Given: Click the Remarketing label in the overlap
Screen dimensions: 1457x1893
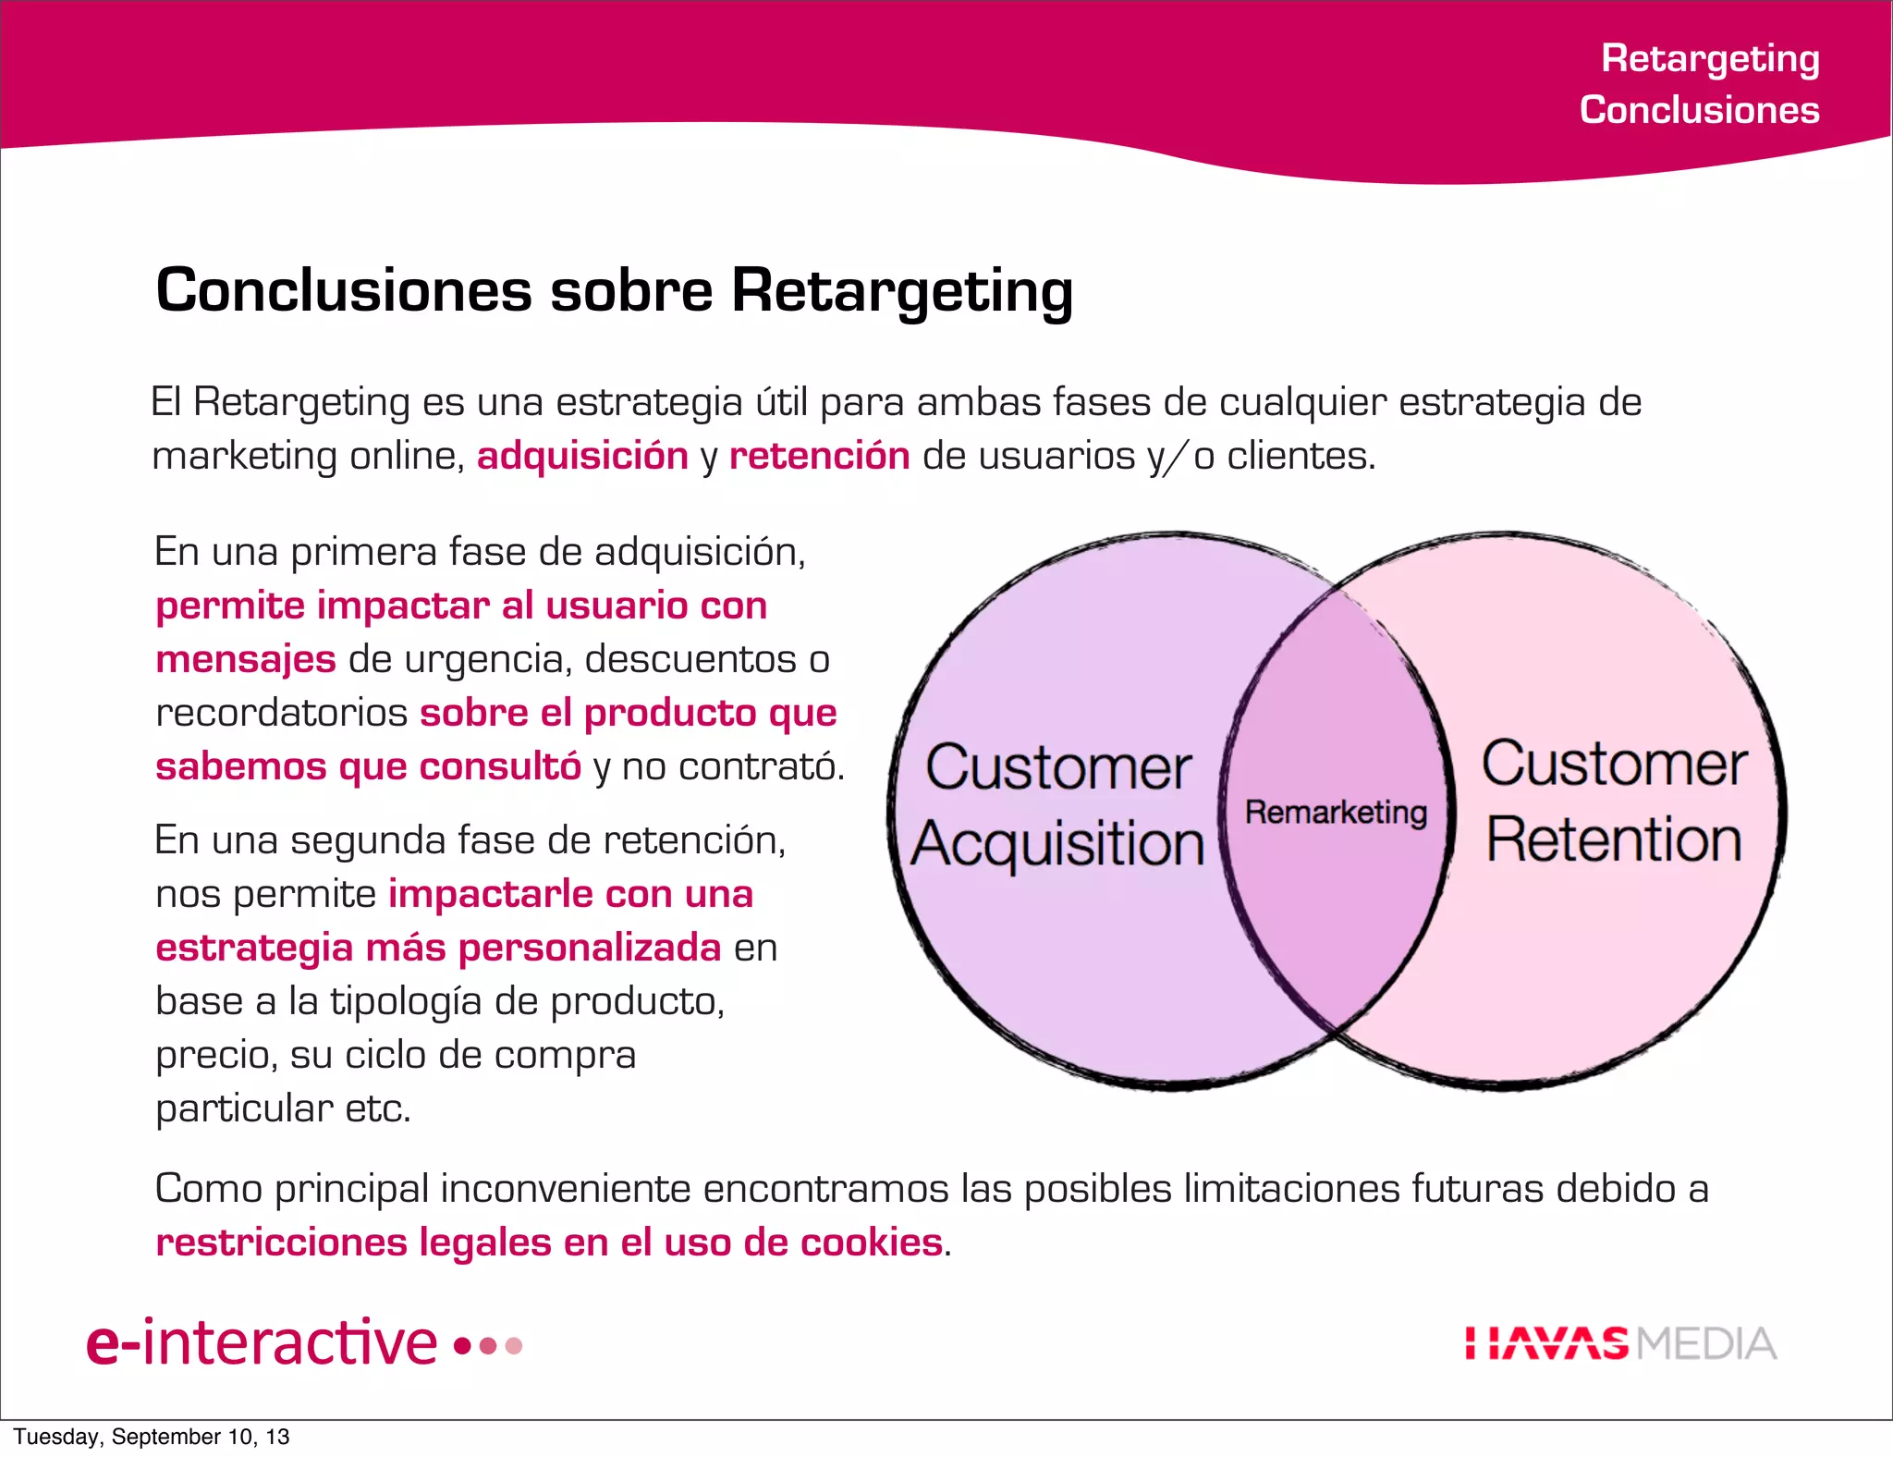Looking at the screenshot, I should coord(1336,813).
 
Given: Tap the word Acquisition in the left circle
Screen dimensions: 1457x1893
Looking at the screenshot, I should coord(1057,844).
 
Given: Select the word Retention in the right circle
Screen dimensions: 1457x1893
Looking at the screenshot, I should coord(1614,839).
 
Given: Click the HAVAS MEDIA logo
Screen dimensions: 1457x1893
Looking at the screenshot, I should coord(1620,1343).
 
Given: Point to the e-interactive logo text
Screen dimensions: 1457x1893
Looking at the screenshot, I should coord(262,1342).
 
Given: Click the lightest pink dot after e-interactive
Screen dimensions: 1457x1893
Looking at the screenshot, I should coord(515,1345).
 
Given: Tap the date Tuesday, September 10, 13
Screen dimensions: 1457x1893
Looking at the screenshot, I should coord(152,1437).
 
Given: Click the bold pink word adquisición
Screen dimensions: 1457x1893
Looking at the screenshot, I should coord(582,456).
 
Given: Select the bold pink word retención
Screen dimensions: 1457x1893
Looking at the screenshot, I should coord(819,456).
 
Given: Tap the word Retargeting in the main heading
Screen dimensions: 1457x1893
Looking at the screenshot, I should coord(902,291).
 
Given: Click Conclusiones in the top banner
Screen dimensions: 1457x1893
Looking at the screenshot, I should coord(1699,110).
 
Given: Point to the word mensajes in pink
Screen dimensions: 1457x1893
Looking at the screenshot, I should coord(246,659).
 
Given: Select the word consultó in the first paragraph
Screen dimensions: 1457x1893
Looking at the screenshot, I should coord(499,766).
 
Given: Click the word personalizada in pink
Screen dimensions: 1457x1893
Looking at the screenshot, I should coord(590,948).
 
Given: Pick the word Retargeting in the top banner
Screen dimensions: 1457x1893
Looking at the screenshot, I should coord(1710,58).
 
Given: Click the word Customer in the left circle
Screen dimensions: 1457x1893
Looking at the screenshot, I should coord(1058,767).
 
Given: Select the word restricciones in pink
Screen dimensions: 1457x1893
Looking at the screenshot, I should coord(281,1242).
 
